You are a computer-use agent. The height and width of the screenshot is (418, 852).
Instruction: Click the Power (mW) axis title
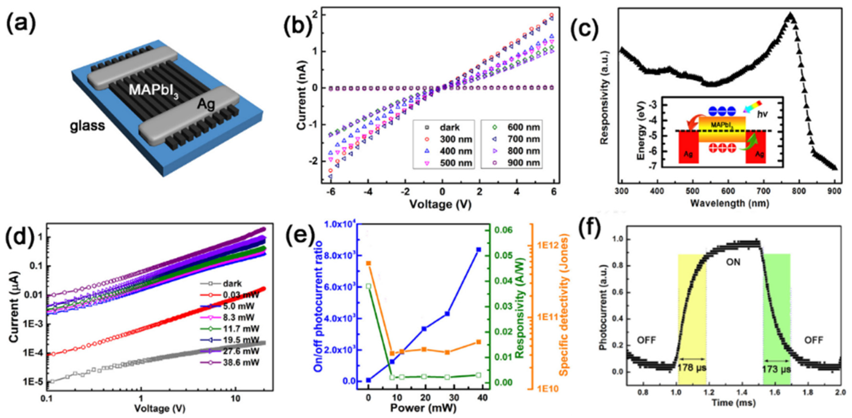[x=423, y=408]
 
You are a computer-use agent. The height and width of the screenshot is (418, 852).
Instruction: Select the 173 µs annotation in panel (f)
[x=777, y=369]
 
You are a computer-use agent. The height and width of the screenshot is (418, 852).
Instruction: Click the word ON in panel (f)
[x=733, y=263]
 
